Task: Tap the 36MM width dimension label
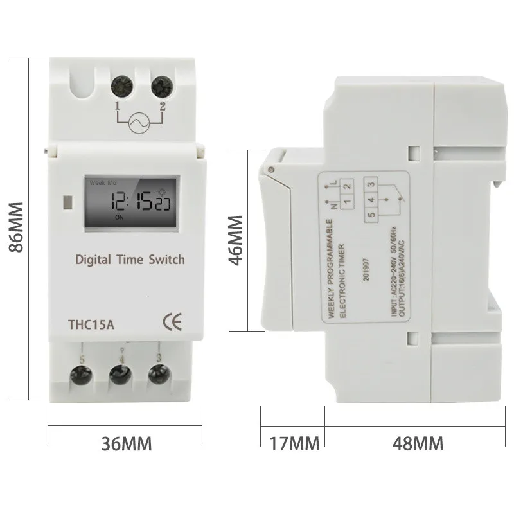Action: (x=127, y=443)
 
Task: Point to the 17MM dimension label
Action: (x=292, y=443)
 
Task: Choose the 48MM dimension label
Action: (x=414, y=443)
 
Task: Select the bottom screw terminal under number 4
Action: (x=119, y=375)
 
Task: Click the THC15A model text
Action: (x=91, y=324)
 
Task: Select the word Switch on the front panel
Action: (x=166, y=260)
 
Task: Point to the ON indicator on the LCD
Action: (x=120, y=217)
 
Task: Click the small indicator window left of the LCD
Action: (x=67, y=202)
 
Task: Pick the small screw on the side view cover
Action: (x=272, y=169)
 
